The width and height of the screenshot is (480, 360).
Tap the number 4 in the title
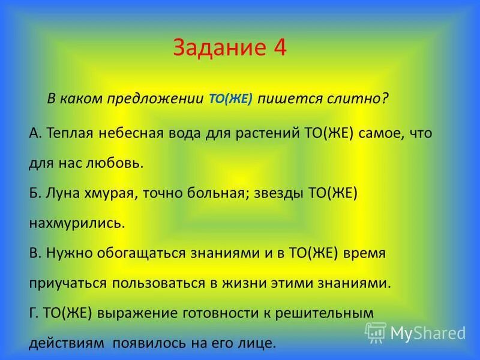280,48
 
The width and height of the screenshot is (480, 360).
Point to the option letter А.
32,133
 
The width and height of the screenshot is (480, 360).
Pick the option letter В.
32,253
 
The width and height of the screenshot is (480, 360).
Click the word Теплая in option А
67,133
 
